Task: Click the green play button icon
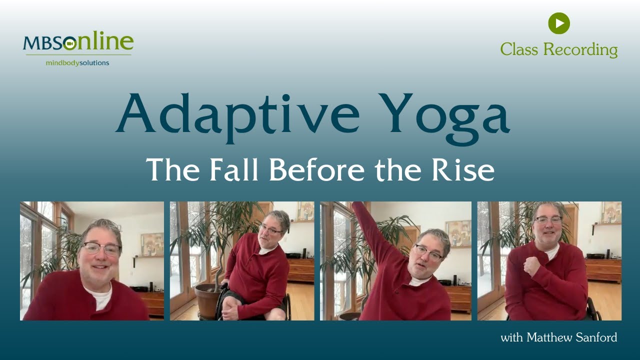(x=559, y=23)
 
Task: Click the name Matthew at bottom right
(x=546, y=337)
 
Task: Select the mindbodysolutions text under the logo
(x=77, y=63)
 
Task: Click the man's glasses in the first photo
(x=101, y=248)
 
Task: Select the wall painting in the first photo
(x=151, y=244)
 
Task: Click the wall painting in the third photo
(x=458, y=233)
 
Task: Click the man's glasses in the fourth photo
(x=548, y=220)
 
